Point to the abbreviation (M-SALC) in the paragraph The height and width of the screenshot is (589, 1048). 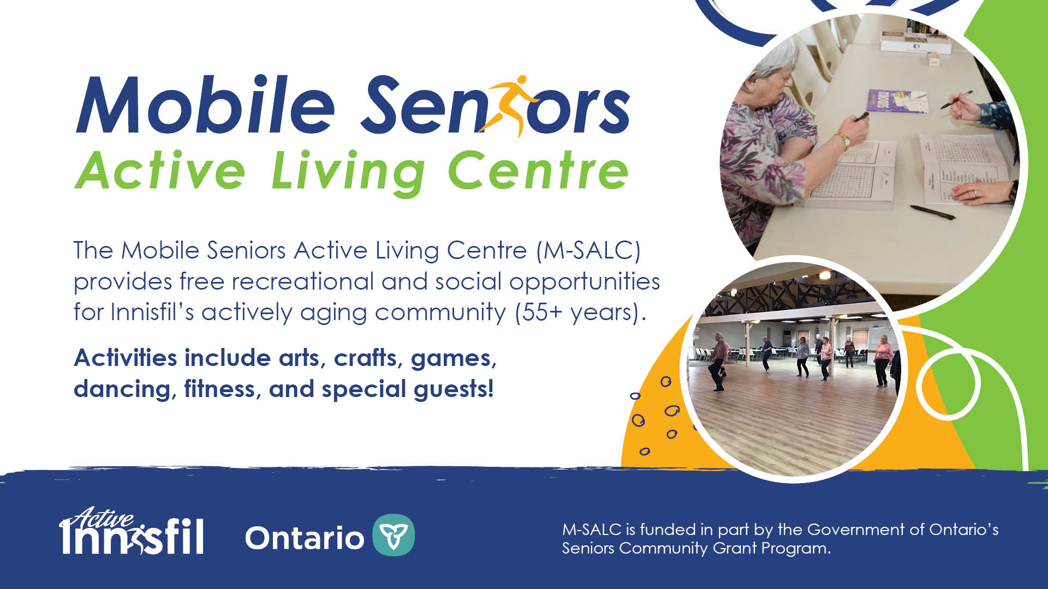pos(588,250)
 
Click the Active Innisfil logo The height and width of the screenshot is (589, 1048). pos(132,531)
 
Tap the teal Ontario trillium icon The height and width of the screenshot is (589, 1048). pos(394,535)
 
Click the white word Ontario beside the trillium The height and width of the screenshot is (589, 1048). pos(305,538)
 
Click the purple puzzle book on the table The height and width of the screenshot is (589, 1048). pos(898,101)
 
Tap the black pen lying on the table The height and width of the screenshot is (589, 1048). pos(932,212)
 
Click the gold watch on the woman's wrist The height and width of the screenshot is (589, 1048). pos(844,140)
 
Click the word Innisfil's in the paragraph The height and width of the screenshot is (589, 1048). pos(153,312)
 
